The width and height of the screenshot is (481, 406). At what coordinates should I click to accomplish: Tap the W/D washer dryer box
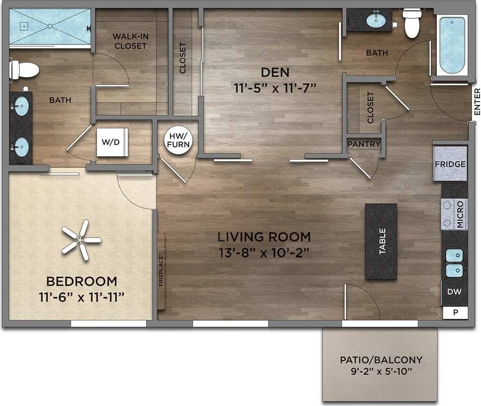112,142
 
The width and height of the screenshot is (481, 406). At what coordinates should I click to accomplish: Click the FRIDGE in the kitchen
450,164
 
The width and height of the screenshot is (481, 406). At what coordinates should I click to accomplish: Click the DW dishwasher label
454,292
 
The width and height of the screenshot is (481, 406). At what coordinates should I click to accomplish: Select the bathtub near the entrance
451,45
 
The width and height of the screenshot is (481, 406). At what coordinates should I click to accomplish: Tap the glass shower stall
49,26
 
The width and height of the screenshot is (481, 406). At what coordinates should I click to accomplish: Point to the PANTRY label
364,144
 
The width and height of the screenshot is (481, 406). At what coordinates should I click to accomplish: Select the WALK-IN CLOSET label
130,41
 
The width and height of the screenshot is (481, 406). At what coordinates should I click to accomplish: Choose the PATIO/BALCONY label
381,360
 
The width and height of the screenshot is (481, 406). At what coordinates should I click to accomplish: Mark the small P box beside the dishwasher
456,313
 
